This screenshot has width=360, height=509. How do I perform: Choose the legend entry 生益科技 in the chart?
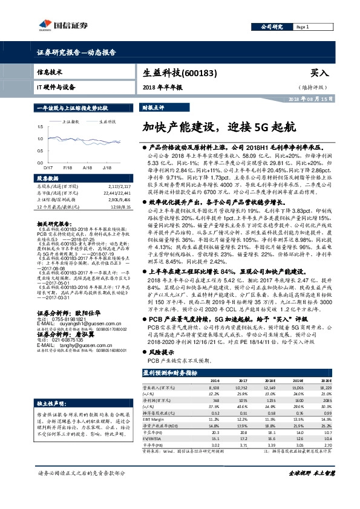(x=108, y=122)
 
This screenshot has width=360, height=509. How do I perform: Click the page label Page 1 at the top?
(x=303, y=27)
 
